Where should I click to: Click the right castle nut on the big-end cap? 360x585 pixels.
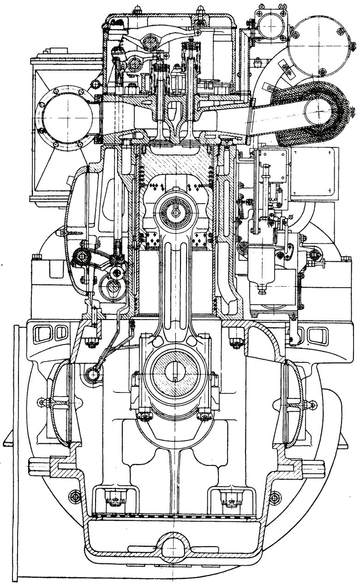click(204, 416)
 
